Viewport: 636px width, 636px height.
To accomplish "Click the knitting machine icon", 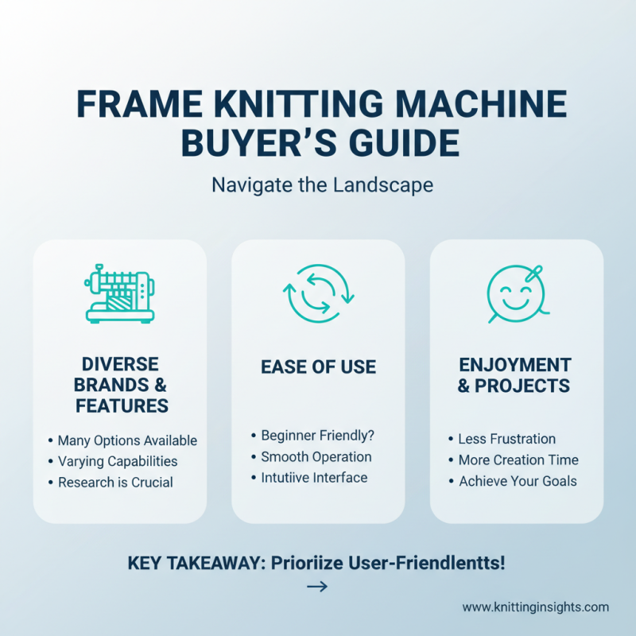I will (x=119, y=294).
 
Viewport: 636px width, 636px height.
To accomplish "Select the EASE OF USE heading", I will (x=318, y=367).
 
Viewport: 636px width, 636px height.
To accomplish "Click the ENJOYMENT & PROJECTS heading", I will (x=515, y=375).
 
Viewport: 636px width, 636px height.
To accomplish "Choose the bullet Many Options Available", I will (x=126, y=440).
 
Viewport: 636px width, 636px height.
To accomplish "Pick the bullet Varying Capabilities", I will (x=117, y=461).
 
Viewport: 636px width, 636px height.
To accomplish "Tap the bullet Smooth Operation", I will (x=316, y=457).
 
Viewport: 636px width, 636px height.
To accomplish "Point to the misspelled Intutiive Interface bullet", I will (x=314, y=478).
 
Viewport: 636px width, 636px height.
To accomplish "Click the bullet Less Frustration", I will (x=506, y=439).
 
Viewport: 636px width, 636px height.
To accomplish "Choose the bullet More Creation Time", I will (x=518, y=460).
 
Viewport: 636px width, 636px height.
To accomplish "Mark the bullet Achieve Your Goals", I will (x=517, y=481).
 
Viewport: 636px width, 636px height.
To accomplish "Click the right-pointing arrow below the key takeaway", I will (x=317, y=588).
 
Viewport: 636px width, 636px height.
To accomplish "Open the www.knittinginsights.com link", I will (x=535, y=607).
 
